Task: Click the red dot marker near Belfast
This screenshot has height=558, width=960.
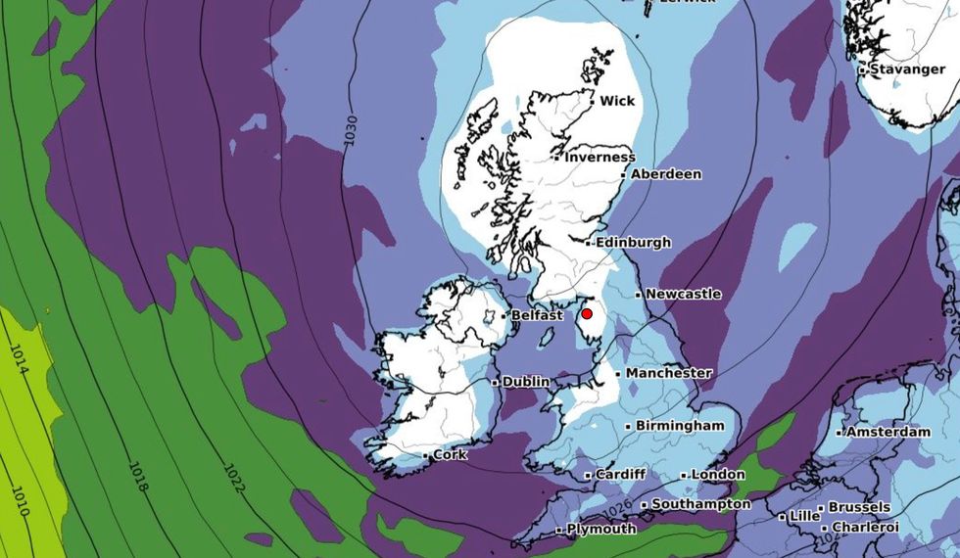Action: point(587,313)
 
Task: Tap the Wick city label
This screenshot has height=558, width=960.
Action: point(616,101)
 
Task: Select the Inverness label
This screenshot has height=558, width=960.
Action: point(600,157)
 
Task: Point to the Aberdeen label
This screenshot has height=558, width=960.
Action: point(665,174)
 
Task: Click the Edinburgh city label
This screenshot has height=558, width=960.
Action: point(634,242)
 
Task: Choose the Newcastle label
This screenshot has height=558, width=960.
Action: point(683,294)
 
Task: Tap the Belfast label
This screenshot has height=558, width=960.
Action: point(538,315)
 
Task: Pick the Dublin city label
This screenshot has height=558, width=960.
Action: point(525,382)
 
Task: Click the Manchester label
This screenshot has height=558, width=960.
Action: point(668,373)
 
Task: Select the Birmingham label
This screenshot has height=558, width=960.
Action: point(680,426)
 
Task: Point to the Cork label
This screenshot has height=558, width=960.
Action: point(450,455)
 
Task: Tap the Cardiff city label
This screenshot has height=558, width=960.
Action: point(620,475)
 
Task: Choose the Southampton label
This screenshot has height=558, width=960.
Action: point(701,504)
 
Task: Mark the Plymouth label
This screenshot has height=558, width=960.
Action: point(602,529)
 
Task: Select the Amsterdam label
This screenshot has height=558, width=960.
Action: point(888,432)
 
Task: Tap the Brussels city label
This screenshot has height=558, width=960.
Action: point(859,507)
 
